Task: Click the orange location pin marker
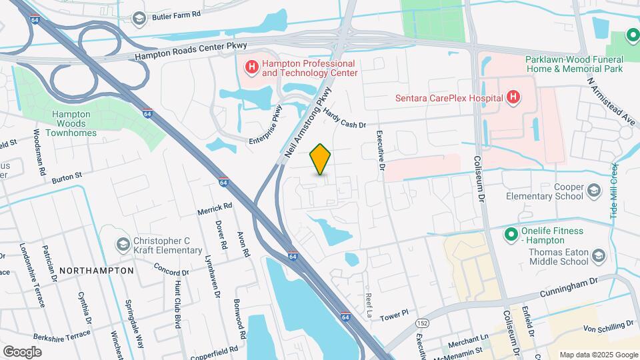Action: click(x=321, y=159)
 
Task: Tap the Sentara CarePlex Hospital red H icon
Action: click(x=513, y=98)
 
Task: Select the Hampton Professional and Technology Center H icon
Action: click(x=252, y=67)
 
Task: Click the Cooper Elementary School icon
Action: click(x=593, y=192)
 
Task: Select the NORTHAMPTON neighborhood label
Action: click(x=97, y=271)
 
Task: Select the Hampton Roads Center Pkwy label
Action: click(x=191, y=51)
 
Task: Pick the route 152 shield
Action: click(x=404, y=323)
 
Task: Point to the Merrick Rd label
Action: click(x=214, y=209)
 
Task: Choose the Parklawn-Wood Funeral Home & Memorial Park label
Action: click(x=574, y=64)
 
